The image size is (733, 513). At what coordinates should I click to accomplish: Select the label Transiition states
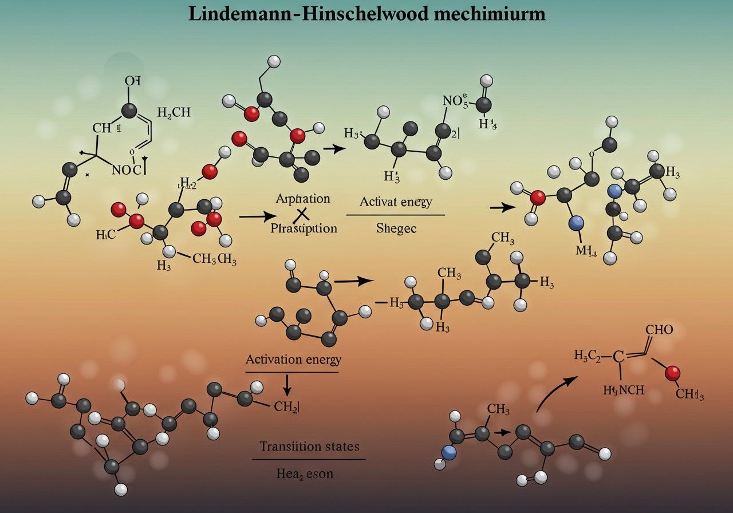point(309,446)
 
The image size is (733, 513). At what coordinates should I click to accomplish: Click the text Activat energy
point(395,202)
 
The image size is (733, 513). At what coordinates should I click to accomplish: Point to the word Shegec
point(396,228)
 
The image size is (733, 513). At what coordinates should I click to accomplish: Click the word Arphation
point(303,199)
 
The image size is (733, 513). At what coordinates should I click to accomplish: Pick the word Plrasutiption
point(304,228)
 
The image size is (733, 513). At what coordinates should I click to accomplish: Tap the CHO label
point(659,330)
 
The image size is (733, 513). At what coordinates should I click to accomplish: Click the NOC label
point(129,169)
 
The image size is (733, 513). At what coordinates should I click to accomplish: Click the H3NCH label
point(624,390)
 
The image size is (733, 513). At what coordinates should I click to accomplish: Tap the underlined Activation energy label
point(293,360)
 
